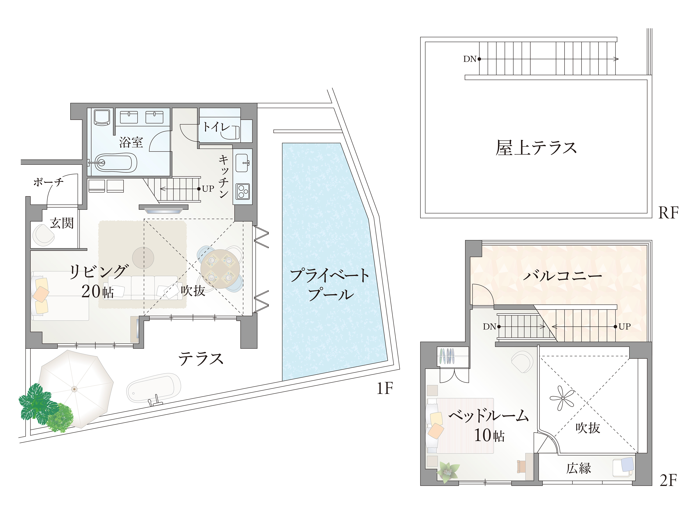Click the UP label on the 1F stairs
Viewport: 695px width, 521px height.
(208, 189)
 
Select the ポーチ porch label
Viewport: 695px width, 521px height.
(48, 182)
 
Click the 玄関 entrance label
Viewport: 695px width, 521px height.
(62, 223)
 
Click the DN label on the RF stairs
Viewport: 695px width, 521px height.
(469, 59)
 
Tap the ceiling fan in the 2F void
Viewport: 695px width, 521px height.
(562, 398)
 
